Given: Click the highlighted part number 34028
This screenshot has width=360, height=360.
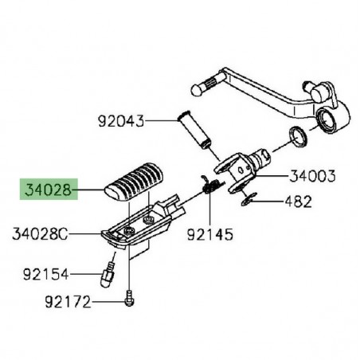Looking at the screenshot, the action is [49, 190].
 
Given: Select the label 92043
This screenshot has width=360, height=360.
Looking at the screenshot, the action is [121, 121].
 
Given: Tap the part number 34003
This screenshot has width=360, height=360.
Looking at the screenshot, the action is [312, 176].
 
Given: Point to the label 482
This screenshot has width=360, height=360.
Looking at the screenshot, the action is [298, 202].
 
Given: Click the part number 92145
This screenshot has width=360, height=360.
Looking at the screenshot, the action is [210, 234].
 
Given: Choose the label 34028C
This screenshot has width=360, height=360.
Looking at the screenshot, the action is [40, 234].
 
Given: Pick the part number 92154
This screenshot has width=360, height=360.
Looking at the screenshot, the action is [46, 274].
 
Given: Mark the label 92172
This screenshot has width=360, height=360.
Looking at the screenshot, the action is [68, 302].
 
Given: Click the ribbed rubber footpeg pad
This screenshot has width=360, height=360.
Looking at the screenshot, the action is [133, 179].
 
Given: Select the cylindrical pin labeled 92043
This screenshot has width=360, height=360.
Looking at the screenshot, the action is [195, 130].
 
